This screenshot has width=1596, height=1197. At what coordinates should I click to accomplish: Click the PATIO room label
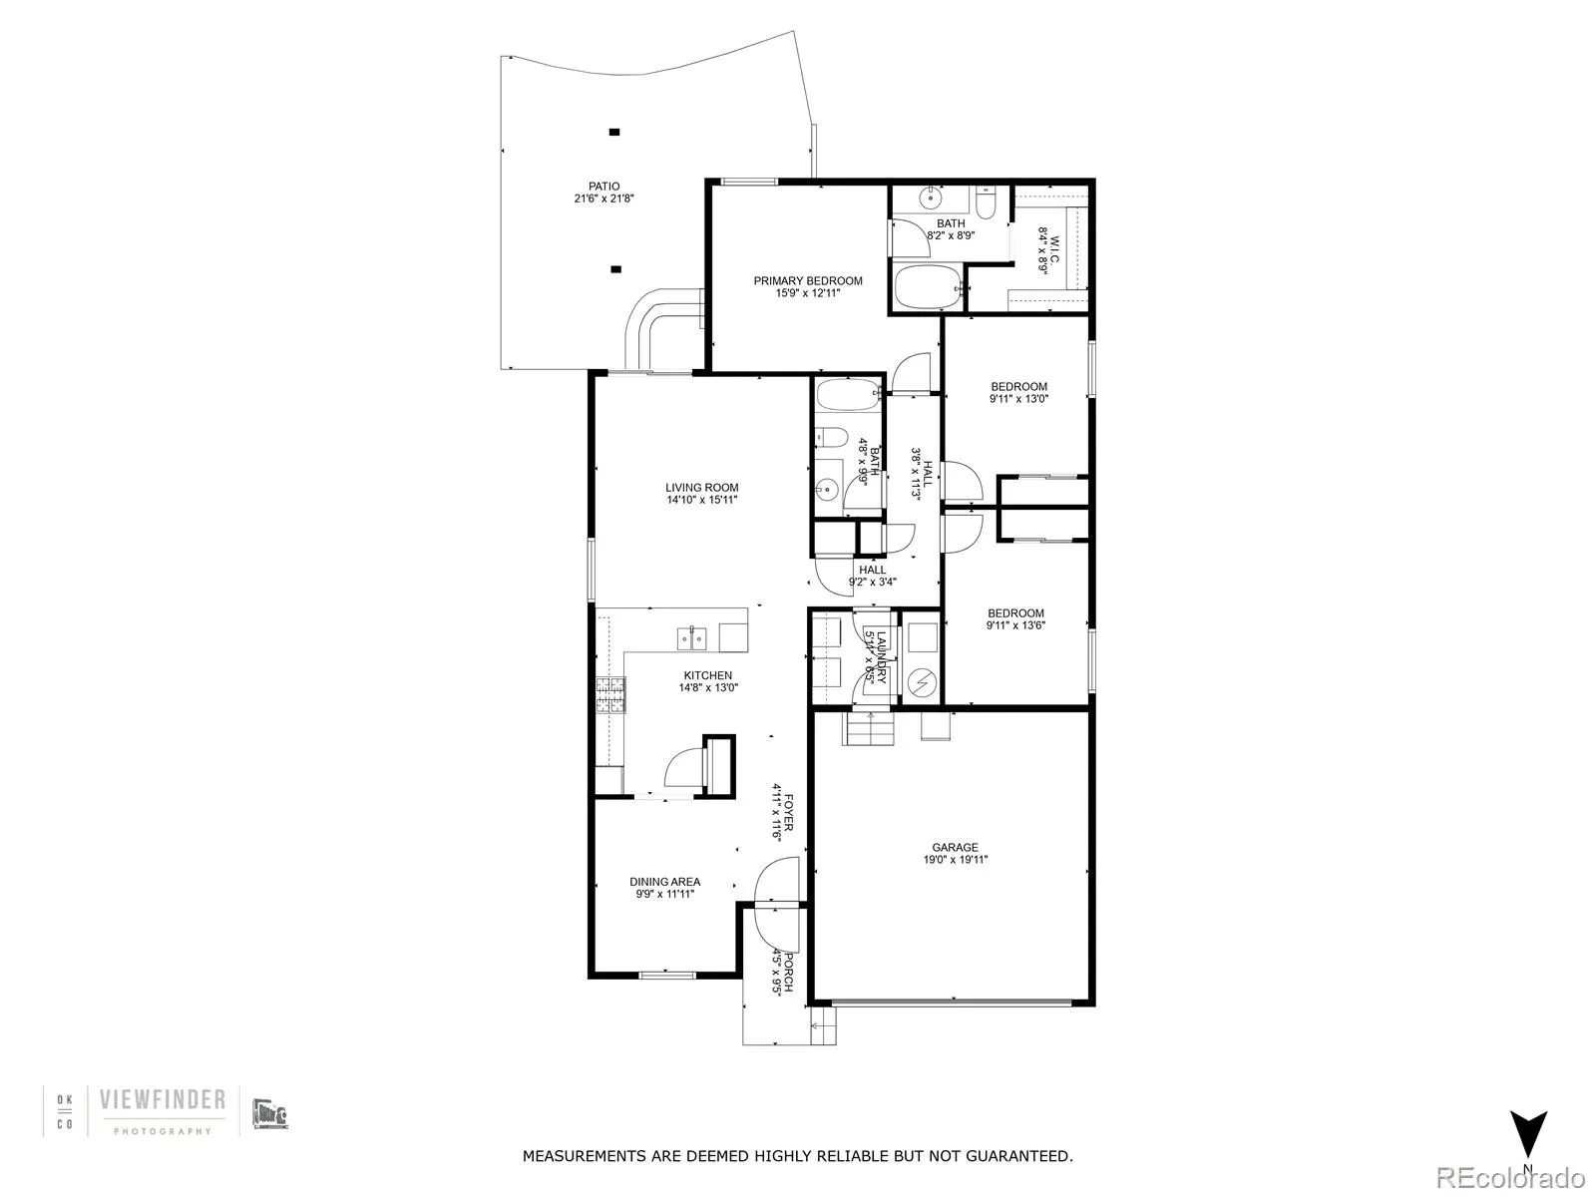click(x=603, y=187)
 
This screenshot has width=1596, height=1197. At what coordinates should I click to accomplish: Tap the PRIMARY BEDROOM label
click(x=807, y=281)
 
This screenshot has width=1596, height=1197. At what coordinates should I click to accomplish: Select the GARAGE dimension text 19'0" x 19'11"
click(x=955, y=860)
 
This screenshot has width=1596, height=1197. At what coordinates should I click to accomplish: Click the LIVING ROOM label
click(x=702, y=488)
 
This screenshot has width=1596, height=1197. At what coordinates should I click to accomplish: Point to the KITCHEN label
click(x=707, y=675)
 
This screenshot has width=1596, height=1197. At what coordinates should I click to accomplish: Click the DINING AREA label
click(x=664, y=882)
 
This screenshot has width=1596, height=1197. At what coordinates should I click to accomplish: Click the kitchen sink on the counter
click(x=692, y=636)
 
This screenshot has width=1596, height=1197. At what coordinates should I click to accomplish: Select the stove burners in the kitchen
click(x=607, y=694)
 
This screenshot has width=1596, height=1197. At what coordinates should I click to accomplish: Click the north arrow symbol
click(x=1527, y=1134)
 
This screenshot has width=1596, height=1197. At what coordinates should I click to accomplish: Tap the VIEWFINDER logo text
click(x=163, y=1100)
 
